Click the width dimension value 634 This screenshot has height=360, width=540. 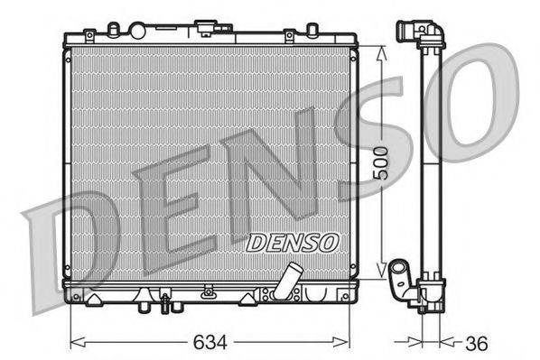[x=209, y=344]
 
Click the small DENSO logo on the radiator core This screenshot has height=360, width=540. [x=292, y=242]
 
